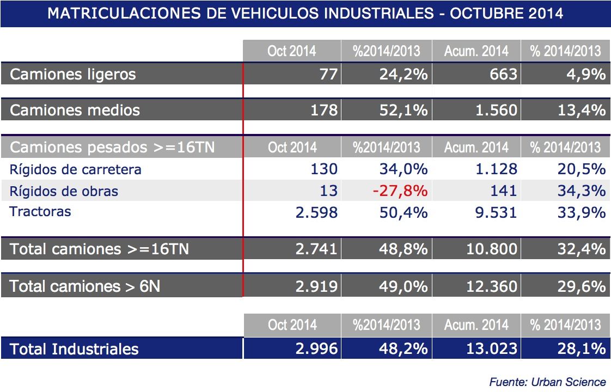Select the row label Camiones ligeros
click(x=73, y=74)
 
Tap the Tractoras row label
click(x=40, y=211)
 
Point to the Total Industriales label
click(x=74, y=349)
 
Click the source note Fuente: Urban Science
click(x=547, y=382)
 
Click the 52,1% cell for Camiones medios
click(x=404, y=111)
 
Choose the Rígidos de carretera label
click(x=76, y=169)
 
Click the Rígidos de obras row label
click(x=64, y=191)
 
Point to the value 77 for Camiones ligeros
click(x=328, y=74)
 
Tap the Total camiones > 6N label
click(x=85, y=286)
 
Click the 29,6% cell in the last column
click(x=581, y=286)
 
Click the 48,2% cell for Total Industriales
click(x=404, y=349)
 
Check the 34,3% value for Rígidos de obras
click(x=581, y=191)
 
